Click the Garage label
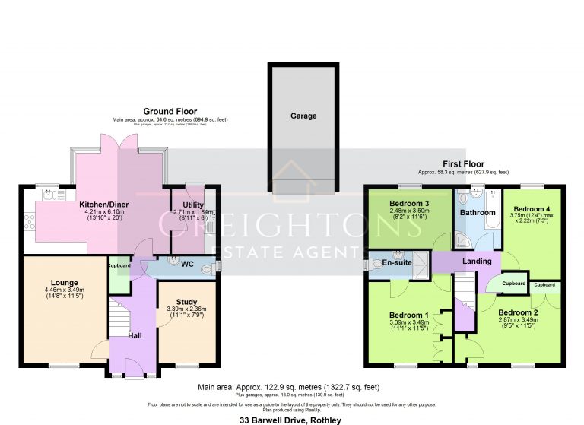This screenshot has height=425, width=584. pyautogui.click(x=303, y=116)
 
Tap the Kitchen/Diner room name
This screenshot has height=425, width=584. pyautogui.click(x=103, y=205)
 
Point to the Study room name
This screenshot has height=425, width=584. pyautogui.click(x=186, y=302)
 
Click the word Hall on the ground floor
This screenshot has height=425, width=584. pyautogui.click(x=135, y=335)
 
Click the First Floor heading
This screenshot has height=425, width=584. pyautogui.click(x=463, y=163)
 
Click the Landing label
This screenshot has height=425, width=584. pyautogui.click(x=477, y=262)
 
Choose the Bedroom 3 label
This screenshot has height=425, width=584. pyautogui.click(x=409, y=204)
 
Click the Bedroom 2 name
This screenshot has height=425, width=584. pyautogui.click(x=519, y=312)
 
